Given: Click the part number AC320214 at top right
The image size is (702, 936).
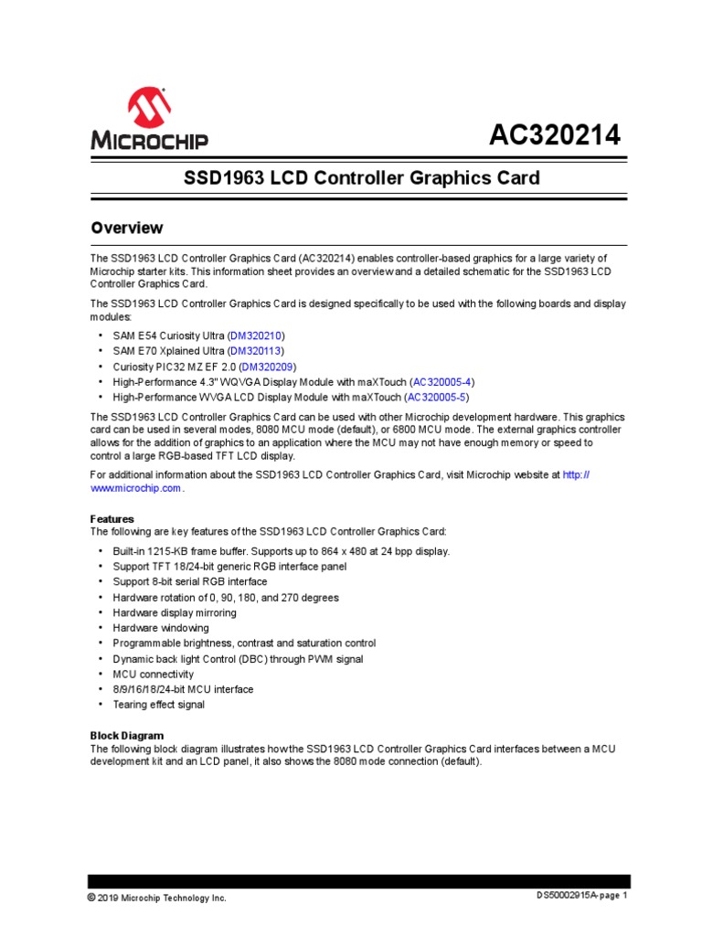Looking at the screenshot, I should [x=554, y=135].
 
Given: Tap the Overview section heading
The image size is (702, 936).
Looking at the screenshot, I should [x=126, y=228].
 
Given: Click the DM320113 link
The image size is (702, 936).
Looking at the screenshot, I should [x=256, y=351].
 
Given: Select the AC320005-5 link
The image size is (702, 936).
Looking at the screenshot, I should [x=436, y=398].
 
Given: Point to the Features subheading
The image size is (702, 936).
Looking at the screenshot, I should [x=112, y=518].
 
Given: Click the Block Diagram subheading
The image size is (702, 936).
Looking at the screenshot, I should [x=126, y=735].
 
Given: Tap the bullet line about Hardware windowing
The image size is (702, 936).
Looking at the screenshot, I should [x=160, y=628].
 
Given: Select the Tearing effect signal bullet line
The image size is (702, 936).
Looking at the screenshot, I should [x=158, y=705].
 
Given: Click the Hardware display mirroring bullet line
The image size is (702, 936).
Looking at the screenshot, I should [x=174, y=612].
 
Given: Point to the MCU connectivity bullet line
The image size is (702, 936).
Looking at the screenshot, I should [x=153, y=674].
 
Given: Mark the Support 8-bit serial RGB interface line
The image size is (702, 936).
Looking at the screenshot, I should [x=191, y=581].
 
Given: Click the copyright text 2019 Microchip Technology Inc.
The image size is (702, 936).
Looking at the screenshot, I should [x=156, y=898].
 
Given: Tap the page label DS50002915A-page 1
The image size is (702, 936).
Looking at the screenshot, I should [x=581, y=896].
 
